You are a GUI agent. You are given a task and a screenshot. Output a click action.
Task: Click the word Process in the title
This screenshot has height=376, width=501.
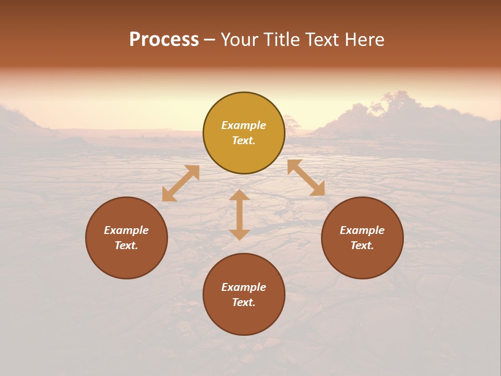click(x=164, y=40)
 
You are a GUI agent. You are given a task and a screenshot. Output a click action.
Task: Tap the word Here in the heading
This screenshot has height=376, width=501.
click(x=364, y=40)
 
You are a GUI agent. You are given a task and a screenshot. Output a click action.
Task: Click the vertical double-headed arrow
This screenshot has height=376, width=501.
click(x=240, y=215)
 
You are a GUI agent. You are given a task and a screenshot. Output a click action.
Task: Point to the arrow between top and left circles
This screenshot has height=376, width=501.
click(x=181, y=183)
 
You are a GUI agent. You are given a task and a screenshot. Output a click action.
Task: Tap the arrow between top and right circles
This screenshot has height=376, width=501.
click(x=306, y=178)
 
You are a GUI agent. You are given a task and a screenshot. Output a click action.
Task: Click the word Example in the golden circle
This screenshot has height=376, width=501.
click(x=244, y=125)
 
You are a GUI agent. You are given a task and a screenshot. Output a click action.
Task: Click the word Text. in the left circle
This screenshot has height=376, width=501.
click(x=126, y=245)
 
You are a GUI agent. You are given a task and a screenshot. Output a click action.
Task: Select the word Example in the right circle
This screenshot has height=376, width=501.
click(x=362, y=230)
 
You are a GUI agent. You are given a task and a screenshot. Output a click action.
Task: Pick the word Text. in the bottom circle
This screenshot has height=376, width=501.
click(x=244, y=302)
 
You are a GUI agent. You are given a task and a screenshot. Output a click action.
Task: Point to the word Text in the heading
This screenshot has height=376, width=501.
click(x=324, y=40)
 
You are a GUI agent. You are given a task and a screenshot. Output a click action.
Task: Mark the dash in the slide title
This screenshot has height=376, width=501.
click(x=210, y=40)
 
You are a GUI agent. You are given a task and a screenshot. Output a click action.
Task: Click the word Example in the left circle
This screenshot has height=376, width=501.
click(x=126, y=230)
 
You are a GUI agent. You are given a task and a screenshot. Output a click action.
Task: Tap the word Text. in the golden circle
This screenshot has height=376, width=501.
click(x=244, y=140)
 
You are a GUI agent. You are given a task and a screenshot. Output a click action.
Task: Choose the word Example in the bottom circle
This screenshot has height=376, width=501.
click(x=244, y=287)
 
